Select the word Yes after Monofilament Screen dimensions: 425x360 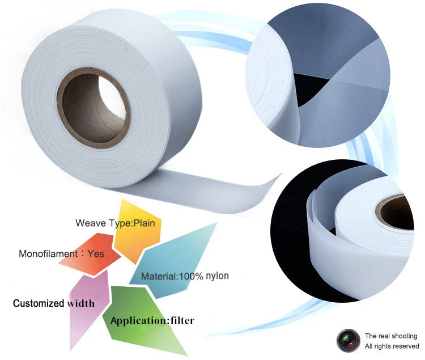[96, 253]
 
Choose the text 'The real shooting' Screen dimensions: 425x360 [390, 336]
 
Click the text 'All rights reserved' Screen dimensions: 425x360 [392, 346]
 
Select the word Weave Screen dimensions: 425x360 [88, 223]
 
